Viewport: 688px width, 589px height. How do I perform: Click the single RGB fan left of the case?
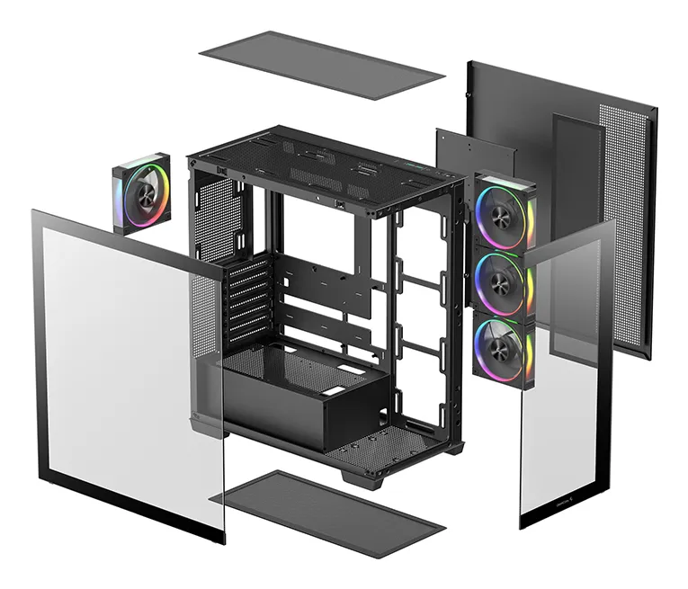pos(141,193)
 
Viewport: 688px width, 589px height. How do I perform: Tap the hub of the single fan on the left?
pos(141,193)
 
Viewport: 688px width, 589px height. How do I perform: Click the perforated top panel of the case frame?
pos(324,166)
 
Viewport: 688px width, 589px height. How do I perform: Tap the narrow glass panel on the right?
pos(567,378)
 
